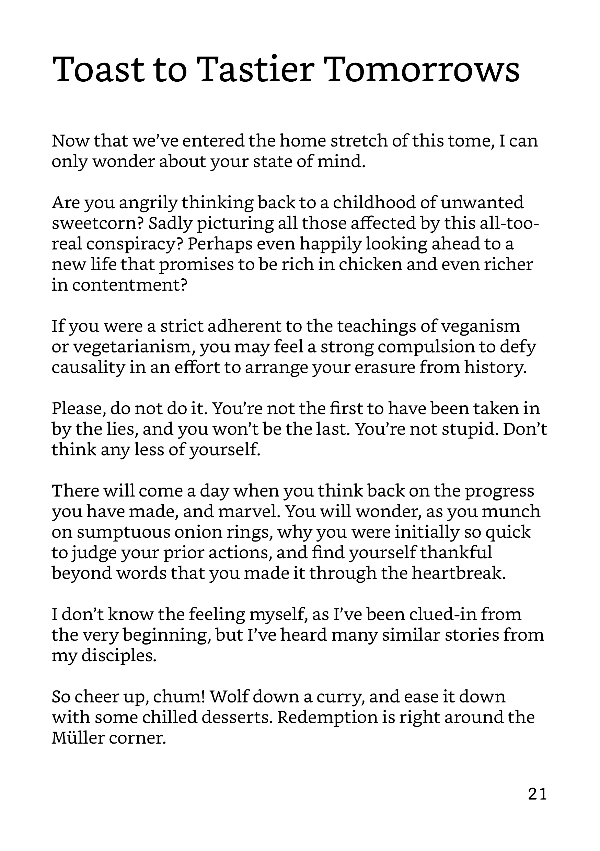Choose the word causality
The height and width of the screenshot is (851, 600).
tap(88, 368)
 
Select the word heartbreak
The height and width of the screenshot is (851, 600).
tap(458, 573)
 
